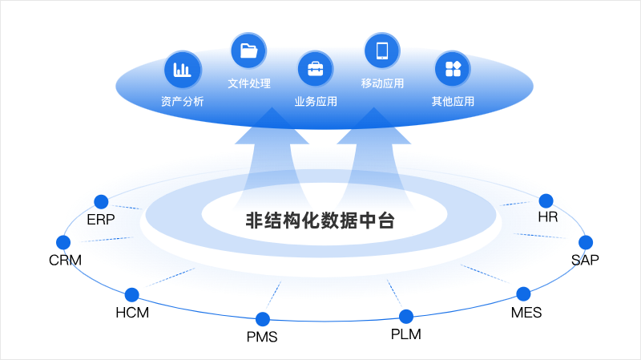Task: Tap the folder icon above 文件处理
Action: coord(248,51)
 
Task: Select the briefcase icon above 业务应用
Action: coord(315,69)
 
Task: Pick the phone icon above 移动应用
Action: coord(382,51)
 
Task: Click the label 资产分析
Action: coord(182,102)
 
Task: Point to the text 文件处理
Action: coord(248,83)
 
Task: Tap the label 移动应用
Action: coord(382,83)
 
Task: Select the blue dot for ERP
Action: coord(101,201)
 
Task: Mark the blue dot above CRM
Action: coord(63,242)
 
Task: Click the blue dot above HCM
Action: coord(132,295)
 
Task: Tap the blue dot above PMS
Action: coord(262,319)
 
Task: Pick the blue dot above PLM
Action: coord(406,316)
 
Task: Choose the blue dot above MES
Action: coord(524,293)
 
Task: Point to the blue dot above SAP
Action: coord(586,242)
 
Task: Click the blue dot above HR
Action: coord(546,200)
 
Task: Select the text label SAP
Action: coord(585,260)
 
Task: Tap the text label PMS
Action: coord(262,337)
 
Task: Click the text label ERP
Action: coord(101,219)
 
